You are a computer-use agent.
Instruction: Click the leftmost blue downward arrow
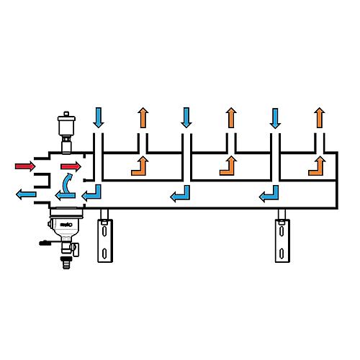[99, 117]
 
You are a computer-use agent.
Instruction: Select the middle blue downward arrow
[186, 117]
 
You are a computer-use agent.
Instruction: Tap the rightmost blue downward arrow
[274, 117]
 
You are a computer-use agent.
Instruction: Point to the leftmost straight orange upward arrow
[143, 117]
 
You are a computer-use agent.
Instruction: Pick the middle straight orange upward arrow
[230, 117]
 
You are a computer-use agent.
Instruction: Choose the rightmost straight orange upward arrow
[318, 117]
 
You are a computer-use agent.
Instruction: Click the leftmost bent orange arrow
[139, 166]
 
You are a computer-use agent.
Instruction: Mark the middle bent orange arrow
[228, 166]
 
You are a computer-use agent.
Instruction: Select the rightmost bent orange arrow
[316, 166]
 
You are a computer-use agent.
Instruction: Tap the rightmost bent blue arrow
[269, 193]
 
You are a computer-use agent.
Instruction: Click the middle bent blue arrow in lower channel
[180, 193]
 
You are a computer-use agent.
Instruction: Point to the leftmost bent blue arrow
[91, 193]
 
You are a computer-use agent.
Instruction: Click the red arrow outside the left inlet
[25, 167]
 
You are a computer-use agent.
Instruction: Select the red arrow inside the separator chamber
[71, 167]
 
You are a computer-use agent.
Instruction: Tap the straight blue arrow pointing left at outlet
[29, 194]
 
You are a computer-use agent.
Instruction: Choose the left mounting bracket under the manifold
[105, 238]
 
